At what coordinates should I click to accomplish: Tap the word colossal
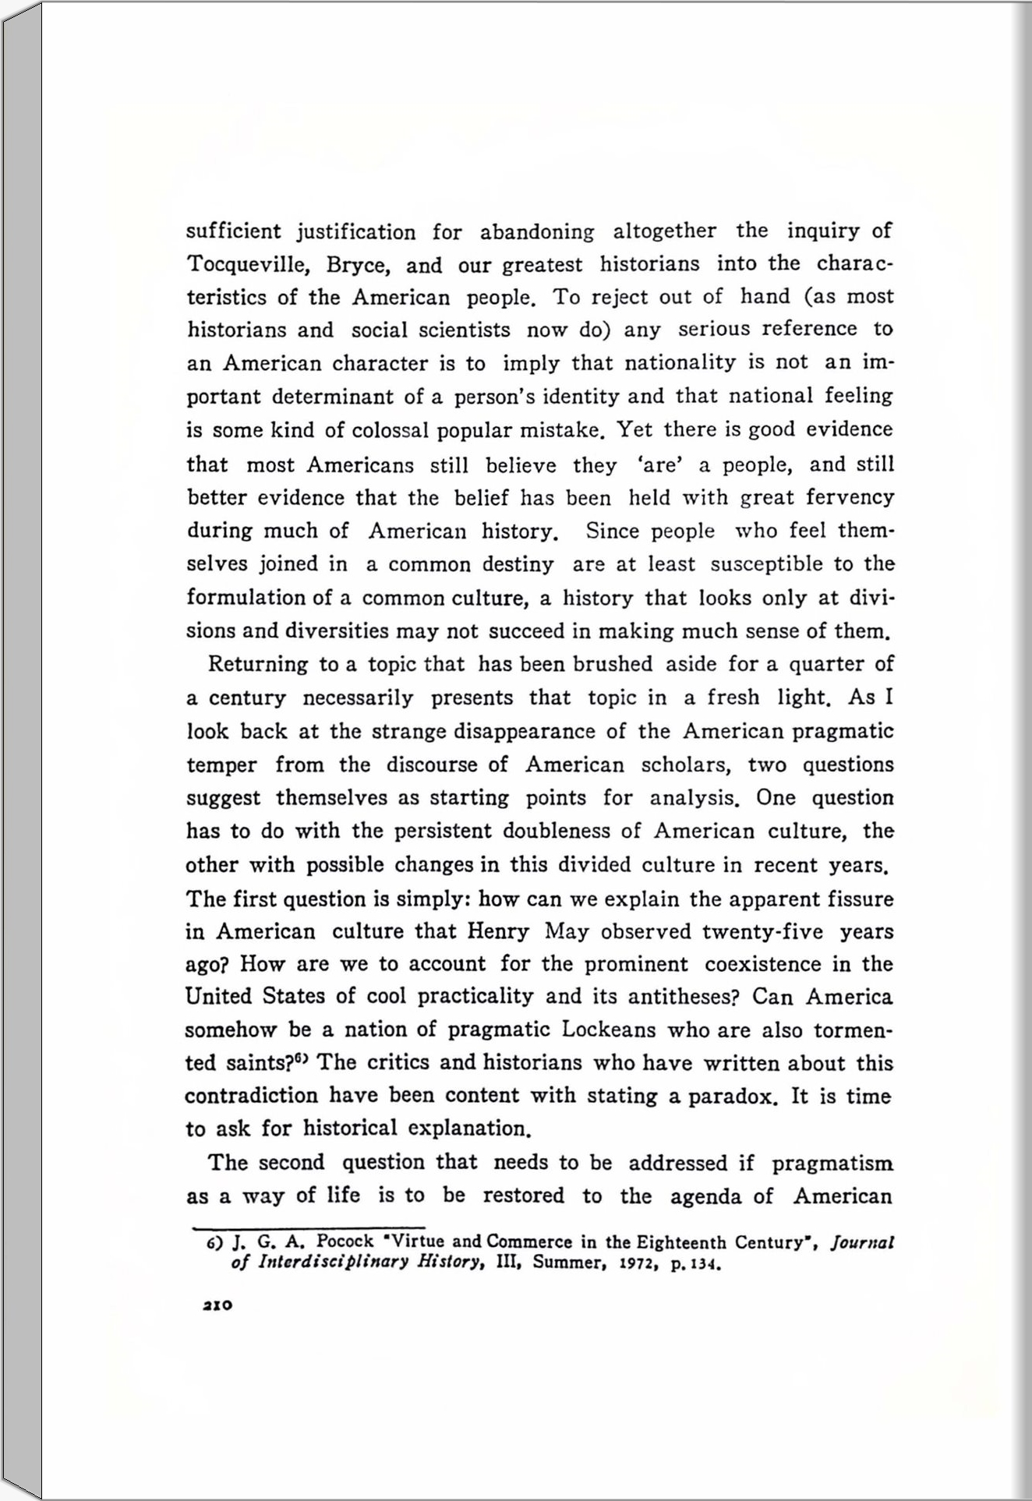391,430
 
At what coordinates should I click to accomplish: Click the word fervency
850,497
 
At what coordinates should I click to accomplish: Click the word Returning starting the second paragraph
258,664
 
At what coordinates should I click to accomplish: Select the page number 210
217,1305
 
